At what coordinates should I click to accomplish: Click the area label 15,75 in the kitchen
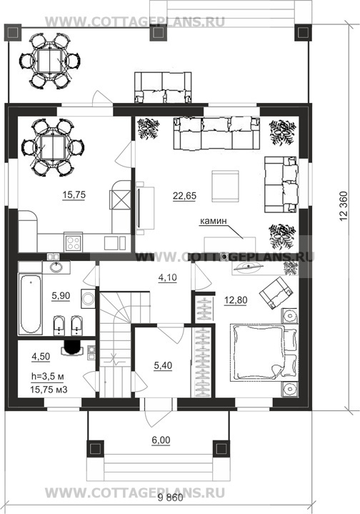[74, 194]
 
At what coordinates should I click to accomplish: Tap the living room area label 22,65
[185, 196]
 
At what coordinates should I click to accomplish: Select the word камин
[214, 221]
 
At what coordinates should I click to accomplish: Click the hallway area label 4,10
[167, 277]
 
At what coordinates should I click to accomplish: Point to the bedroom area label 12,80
[236, 300]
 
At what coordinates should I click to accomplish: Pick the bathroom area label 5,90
[61, 296]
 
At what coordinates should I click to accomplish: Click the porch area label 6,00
[161, 440]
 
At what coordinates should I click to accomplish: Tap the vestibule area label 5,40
[163, 365]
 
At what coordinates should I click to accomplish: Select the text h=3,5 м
[47, 377]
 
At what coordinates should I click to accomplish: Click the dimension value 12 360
[344, 206]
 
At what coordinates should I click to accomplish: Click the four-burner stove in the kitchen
[73, 243]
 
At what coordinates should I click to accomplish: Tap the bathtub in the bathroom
[30, 305]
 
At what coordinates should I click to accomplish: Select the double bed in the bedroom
[264, 353]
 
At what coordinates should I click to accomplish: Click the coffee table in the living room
[225, 186]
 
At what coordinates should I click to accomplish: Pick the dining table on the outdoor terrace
[50, 61]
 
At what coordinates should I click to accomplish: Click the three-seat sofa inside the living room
[216, 134]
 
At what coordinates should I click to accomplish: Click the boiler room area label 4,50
[41, 356]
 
